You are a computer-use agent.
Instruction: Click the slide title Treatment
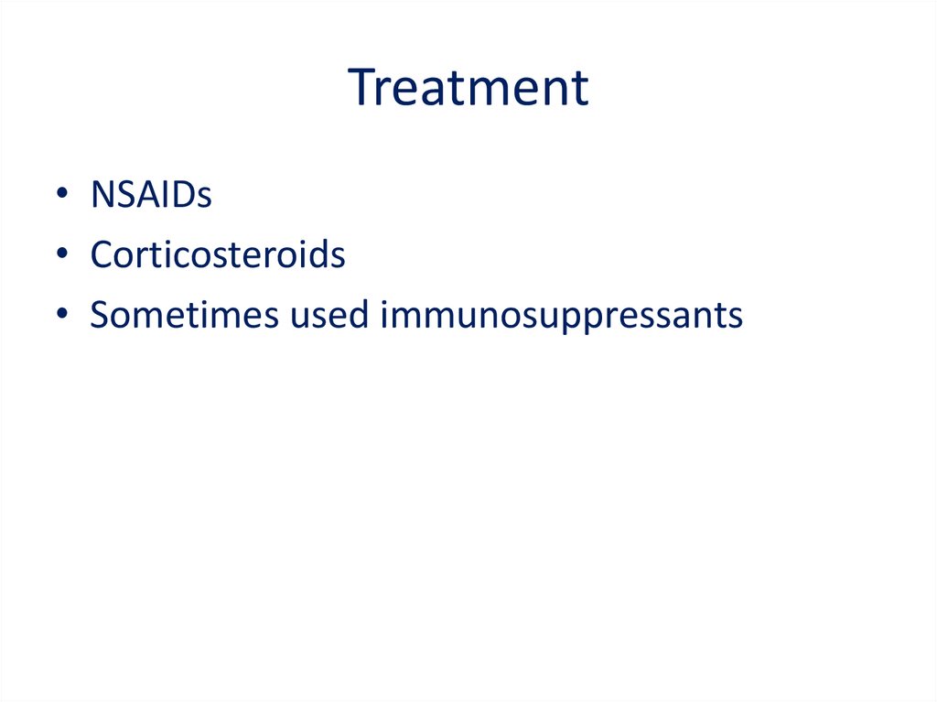coord(468,87)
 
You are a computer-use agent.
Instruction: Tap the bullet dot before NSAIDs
coord(62,193)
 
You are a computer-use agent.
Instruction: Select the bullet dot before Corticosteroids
coord(62,254)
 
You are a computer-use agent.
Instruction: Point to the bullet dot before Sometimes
coord(62,314)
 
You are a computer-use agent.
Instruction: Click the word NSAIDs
coord(151,194)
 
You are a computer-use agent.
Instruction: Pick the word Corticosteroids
coord(218,254)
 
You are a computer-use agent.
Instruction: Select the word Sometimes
coord(184,315)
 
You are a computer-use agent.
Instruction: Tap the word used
coord(328,315)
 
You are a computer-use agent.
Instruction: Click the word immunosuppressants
coord(561,317)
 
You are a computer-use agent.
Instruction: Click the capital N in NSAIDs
coord(103,194)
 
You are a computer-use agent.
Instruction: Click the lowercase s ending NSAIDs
coord(204,198)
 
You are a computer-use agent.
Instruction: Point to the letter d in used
coord(358,314)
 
